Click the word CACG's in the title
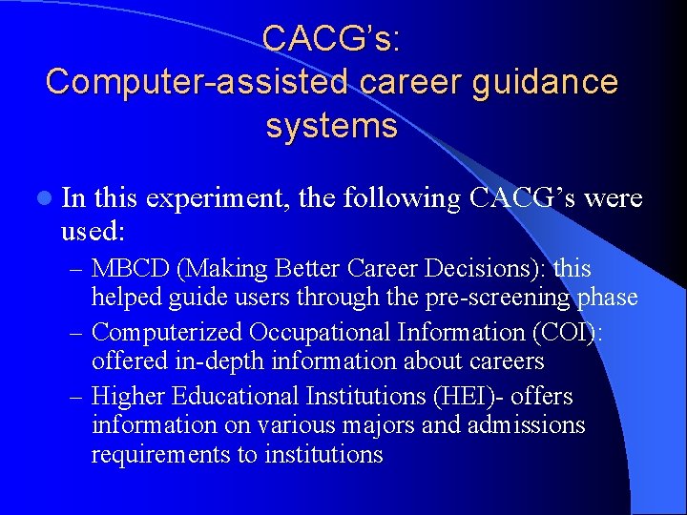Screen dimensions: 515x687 pyautogui.click(x=331, y=38)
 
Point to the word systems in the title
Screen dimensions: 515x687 pyautogui.click(x=331, y=126)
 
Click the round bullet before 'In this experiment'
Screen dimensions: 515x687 pyautogui.click(x=44, y=198)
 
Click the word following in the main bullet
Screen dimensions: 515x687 pyautogui.click(x=401, y=197)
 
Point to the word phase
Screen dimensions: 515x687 pyautogui.click(x=607, y=298)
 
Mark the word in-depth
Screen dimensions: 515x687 pyautogui.click(x=195, y=361)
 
